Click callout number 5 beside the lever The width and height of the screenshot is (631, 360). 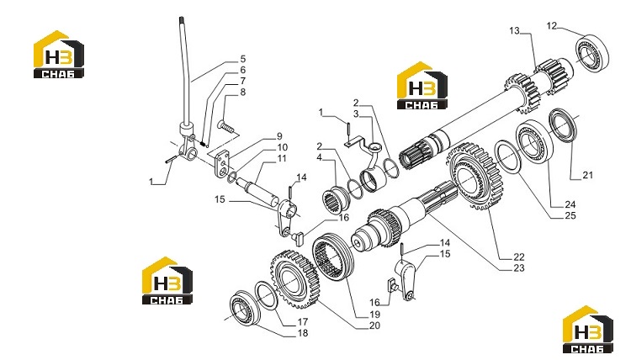242,59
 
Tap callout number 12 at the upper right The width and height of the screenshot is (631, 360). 551,26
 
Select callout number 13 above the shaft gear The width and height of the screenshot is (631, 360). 514,30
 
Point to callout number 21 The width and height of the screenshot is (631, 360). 587,175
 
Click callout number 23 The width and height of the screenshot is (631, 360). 519,267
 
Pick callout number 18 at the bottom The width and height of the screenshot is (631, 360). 303,332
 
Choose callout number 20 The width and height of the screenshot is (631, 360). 374,326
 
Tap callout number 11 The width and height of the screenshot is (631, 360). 282,158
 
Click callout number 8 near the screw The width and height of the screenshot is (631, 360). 242,93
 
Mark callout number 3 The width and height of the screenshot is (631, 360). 356,114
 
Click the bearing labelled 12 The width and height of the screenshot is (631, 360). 592,54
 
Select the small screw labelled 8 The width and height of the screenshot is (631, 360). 225,126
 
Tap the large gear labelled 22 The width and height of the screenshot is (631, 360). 474,176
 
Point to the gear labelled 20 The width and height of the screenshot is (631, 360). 294,278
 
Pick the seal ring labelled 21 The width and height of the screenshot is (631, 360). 563,124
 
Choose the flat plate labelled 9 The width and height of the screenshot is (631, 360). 221,164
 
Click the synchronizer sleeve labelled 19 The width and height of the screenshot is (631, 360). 334,258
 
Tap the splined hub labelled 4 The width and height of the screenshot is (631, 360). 336,199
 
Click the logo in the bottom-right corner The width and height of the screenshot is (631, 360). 588,329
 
